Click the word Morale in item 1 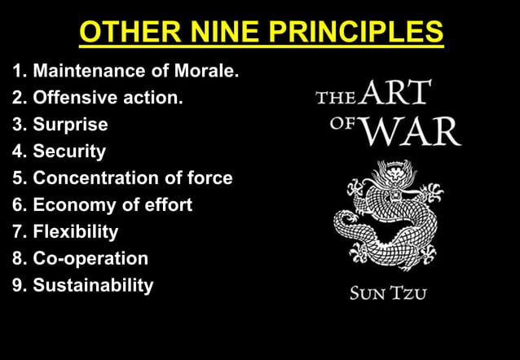(207, 72)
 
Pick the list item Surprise (70, 125)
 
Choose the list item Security (69, 151)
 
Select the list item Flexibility (76, 232)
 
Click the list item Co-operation (90, 259)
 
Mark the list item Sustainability (93, 286)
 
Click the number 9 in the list (17, 286)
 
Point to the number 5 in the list (17, 178)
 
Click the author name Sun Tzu (387, 293)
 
